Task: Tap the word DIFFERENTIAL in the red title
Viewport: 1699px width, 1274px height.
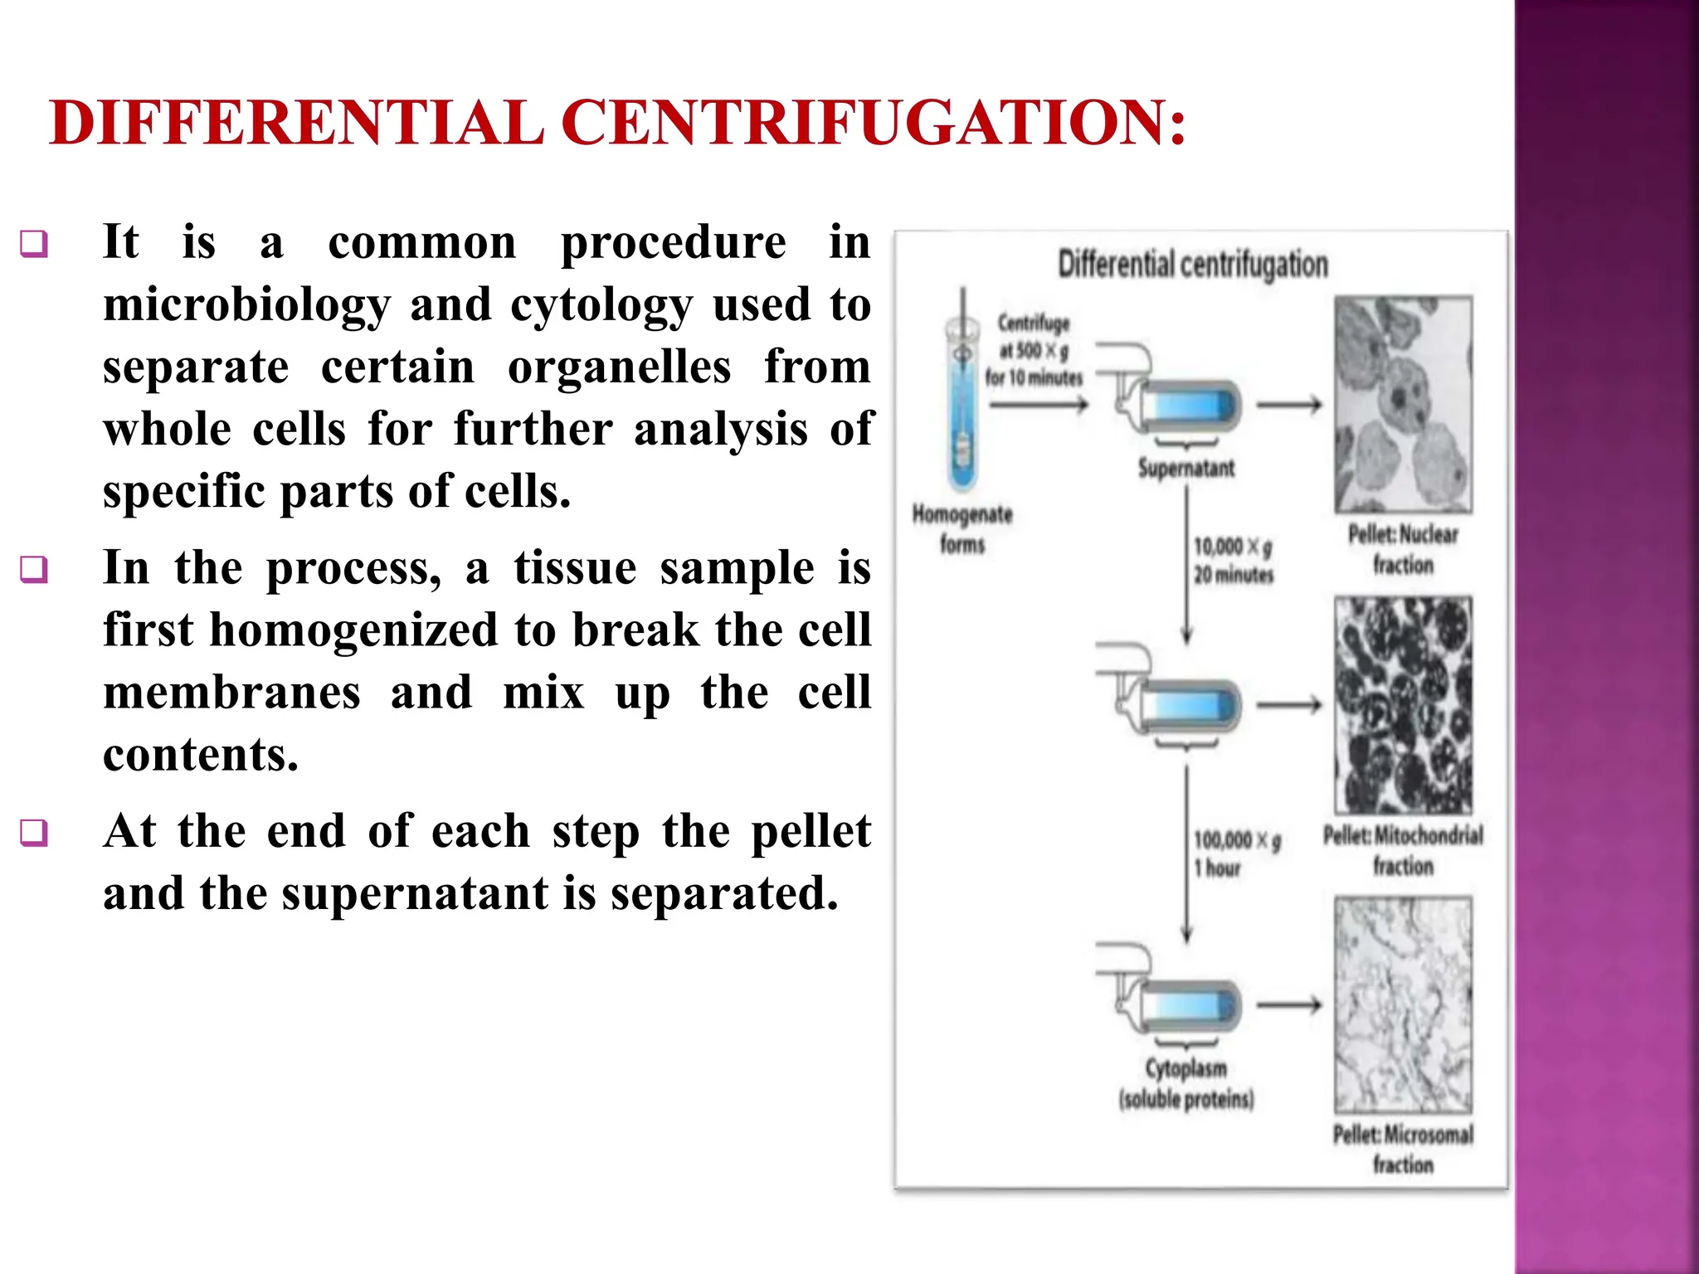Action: pos(296,123)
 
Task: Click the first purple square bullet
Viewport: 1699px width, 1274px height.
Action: pos(34,244)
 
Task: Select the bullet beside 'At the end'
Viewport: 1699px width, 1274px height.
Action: pos(34,832)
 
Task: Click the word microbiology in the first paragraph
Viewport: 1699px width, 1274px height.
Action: pos(246,305)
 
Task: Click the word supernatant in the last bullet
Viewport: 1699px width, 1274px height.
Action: pos(415,894)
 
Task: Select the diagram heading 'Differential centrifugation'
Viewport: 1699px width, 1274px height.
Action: pos(1192,265)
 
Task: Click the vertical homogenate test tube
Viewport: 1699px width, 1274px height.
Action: pos(962,398)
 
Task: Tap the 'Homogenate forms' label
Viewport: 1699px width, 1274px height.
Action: pos(962,529)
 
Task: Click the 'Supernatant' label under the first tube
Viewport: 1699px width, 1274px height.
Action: pos(1185,469)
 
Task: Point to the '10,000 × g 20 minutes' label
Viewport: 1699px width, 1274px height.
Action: pos(1233,560)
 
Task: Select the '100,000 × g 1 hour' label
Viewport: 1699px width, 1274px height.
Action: pos(1236,853)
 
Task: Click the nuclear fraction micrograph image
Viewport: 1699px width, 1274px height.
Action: pos(1403,405)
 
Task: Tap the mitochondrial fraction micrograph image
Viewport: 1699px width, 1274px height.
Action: pos(1403,705)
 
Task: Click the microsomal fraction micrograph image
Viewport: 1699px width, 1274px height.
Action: pos(1403,1004)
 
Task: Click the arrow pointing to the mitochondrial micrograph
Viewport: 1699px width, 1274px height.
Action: pos(1288,705)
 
